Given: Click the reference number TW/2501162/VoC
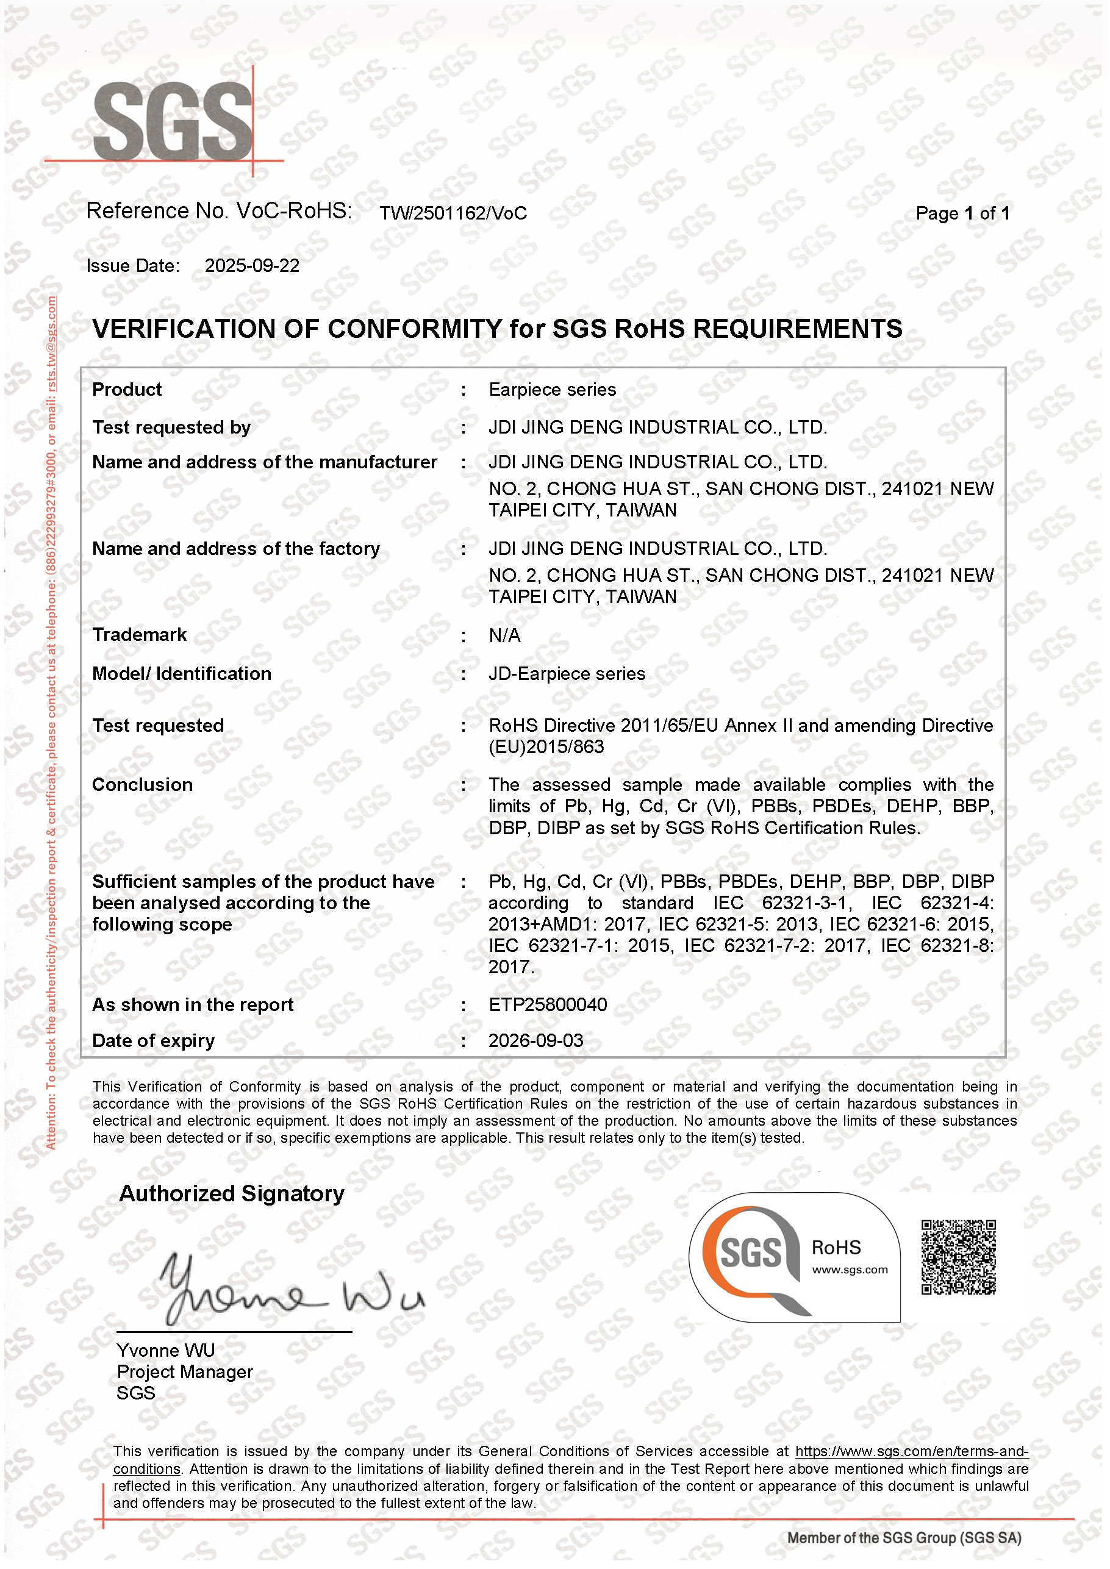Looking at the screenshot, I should [x=453, y=213].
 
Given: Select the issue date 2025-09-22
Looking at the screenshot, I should [x=252, y=266].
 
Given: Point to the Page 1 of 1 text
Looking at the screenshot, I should [x=962, y=213].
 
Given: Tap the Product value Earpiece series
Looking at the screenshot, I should [x=553, y=390].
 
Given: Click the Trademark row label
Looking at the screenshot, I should [x=140, y=635].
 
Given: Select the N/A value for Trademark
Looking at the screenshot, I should [x=504, y=635].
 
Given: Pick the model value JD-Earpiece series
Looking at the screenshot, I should [x=567, y=674].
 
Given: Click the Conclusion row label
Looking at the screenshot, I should [x=142, y=784].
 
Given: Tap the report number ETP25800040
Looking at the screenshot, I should [x=548, y=1004].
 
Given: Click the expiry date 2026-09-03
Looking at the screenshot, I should [x=536, y=1041].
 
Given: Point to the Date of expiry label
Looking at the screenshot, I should [x=153, y=1041].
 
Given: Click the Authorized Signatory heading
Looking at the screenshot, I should [x=232, y=1194].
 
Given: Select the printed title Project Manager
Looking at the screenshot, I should [x=185, y=1371].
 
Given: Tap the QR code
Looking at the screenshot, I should [x=958, y=1257].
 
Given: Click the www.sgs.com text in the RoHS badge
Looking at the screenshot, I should [x=850, y=1270].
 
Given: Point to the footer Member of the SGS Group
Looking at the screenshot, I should [x=904, y=1539].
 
